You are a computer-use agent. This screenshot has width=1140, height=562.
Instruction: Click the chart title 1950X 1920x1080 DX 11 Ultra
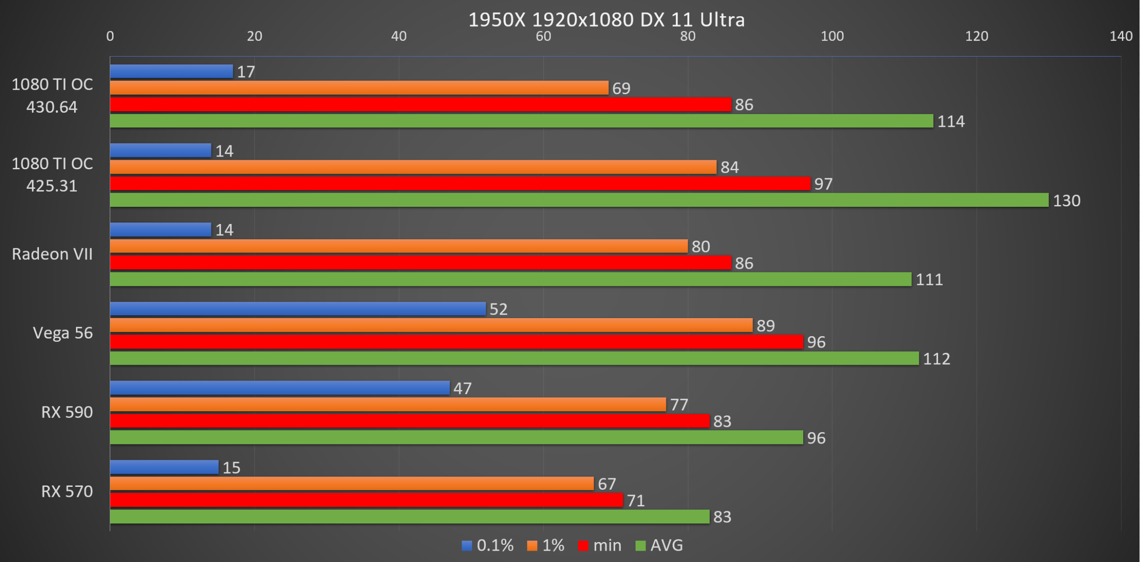click(x=607, y=19)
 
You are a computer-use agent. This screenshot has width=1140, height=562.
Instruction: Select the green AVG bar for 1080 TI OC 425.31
click(x=579, y=200)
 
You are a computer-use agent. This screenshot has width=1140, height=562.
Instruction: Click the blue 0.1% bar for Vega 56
click(x=298, y=309)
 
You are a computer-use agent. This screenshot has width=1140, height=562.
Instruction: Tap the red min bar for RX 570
click(x=366, y=500)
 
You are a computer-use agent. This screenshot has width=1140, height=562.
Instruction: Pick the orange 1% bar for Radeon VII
click(x=399, y=246)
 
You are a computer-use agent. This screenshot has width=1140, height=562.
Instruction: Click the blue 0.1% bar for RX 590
click(x=280, y=388)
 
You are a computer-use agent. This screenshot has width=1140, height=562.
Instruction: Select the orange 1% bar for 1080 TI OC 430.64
click(x=359, y=88)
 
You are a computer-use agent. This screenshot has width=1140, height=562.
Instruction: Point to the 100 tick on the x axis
click(x=832, y=36)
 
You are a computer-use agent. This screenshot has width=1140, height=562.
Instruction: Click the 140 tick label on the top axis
click(x=1121, y=36)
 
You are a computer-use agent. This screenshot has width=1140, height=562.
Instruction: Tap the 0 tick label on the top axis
click(x=110, y=36)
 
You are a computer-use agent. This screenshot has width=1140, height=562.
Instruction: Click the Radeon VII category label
click(x=52, y=254)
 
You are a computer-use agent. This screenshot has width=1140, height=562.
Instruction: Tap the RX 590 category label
click(x=67, y=412)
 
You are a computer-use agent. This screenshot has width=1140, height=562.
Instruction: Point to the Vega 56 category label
click(x=63, y=333)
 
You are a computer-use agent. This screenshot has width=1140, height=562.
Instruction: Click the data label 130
click(x=1066, y=201)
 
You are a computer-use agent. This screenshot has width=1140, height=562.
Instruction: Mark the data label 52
click(x=499, y=310)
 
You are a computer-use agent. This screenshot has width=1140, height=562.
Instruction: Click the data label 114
click(x=951, y=122)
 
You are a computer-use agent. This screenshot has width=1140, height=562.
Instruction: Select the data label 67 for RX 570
click(x=607, y=484)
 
